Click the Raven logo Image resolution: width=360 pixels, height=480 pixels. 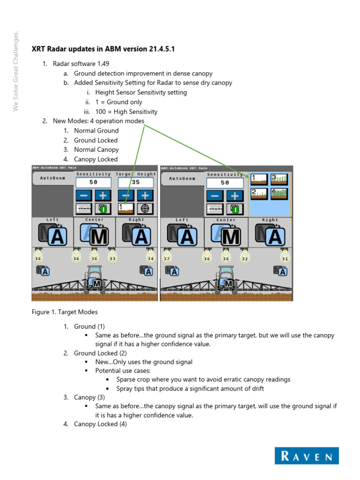coord(307,456)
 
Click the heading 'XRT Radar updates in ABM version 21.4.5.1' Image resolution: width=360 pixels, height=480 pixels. coord(103,49)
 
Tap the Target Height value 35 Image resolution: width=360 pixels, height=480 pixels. coord(135,182)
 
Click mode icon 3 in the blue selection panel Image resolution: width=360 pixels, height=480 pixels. coord(279,179)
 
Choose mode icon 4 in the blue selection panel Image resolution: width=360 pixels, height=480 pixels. coord(279,193)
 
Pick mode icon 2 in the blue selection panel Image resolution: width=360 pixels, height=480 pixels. coord(259,193)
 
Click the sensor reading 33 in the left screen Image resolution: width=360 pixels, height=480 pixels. coord(112,258)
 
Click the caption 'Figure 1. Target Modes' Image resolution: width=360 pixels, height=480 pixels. coord(64,311)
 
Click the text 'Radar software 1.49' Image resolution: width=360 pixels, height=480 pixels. coord(81,64)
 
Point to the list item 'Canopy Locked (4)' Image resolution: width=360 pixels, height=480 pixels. coord(100,424)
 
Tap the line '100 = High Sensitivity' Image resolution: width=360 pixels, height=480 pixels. coord(126,112)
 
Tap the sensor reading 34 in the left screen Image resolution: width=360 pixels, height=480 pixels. coord(150,258)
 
